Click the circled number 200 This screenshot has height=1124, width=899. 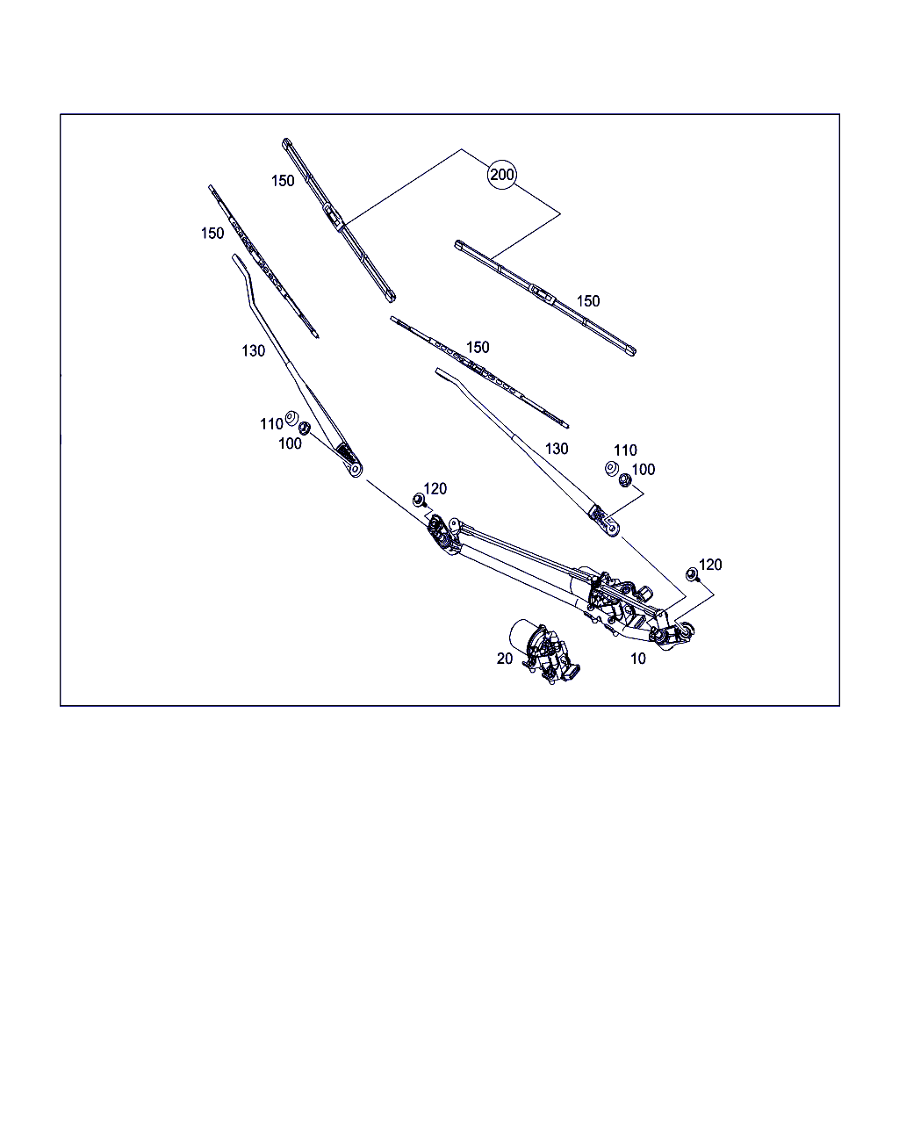[501, 175]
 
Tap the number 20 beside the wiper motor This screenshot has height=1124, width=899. [505, 659]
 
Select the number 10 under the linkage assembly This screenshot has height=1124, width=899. [637, 659]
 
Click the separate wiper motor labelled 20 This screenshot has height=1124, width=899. [544, 651]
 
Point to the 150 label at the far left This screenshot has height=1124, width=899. [212, 233]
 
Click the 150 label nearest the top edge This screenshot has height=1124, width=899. [283, 181]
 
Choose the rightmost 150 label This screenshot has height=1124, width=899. [588, 301]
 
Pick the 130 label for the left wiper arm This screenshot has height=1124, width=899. [254, 350]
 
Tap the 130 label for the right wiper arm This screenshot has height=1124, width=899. [557, 449]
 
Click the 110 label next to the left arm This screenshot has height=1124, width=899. [271, 424]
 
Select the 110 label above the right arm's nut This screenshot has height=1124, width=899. [625, 450]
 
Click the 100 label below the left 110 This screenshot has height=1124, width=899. [290, 443]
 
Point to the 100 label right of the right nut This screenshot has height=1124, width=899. [643, 470]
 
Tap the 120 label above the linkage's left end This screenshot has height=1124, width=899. [435, 489]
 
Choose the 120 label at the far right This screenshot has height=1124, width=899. [710, 565]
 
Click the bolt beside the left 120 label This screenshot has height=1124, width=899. [419, 501]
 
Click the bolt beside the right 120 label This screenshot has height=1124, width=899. [692, 574]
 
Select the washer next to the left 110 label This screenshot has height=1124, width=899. [291, 418]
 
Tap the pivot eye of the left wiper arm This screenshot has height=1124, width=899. [356, 470]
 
